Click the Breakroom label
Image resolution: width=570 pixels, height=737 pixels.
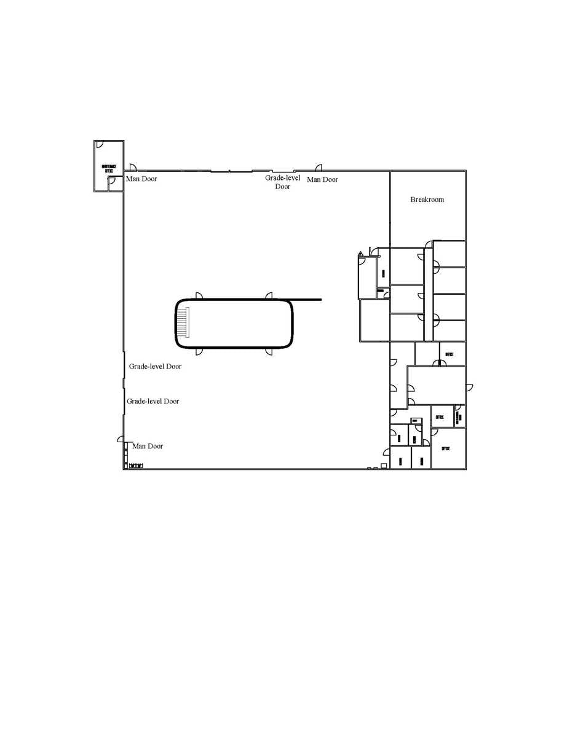pyautogui.click(x=427, y=200)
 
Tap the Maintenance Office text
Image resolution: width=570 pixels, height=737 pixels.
pyautogui.click(x=109, y=168)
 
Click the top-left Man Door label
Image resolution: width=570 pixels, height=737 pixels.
pyautogui.click(x=141, y=179)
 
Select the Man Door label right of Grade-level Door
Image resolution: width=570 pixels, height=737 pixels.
pyautogui.click(x=322, y=180)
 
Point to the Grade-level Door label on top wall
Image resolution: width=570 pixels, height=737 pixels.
pyautogui.click(x=283, y=182)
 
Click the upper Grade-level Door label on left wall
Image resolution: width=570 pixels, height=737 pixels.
pyautogui.click(x=155, y=367)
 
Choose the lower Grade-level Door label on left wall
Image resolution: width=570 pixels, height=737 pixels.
pyautogui.click(x=153, y=401)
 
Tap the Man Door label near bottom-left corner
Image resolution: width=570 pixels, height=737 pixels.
pyautogui.click(x=148, y=446)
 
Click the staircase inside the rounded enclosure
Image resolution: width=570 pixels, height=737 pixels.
pyautogui.click(x=184, y=322)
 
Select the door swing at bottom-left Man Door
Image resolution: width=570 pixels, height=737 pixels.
pyautogui.click(x=122, y=439)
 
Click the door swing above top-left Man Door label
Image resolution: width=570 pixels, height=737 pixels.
pyautogui.click(x=132, y=167)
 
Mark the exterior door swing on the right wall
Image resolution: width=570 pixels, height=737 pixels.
pyautogui.click(x=469, y=387)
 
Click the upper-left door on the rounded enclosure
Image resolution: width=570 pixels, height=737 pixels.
pyautogui.click(x=199, y=296)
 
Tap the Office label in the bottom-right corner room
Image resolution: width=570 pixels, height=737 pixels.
pyautogui.click(x=446, y=448)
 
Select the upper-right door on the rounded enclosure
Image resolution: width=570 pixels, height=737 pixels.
pyautogui.click(x=269, y=296)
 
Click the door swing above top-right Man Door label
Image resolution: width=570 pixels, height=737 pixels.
pyautogui.click(x=319, y=167)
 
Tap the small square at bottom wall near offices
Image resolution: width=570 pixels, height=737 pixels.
pyautogui.click(x=384, y=466)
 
